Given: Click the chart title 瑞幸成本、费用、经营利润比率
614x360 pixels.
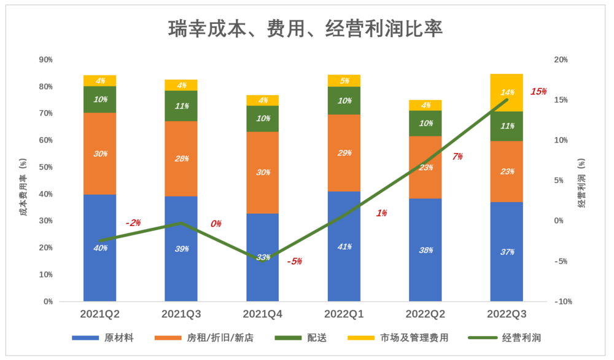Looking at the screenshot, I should pos(305,29).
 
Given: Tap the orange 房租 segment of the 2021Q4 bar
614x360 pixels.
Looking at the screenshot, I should pos(263,173).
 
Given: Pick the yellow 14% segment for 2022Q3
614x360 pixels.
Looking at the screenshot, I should pos(507,93).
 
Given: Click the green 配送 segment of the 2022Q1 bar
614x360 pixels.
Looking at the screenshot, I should pos(344,101).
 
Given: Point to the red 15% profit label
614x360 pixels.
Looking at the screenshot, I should pos(538,92).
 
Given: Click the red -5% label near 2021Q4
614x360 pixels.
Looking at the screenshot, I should pos(294,262).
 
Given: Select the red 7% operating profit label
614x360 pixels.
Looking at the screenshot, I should pos(457,157).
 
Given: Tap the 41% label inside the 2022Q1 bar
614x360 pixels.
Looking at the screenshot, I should pos(344,247).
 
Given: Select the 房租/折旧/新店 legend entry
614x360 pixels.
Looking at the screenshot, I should pos(203,338).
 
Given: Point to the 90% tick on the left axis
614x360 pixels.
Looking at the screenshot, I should pos(46,60).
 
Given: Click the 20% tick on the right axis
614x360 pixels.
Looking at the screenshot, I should pos(561,60).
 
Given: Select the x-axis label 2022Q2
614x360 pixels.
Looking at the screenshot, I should pos(426,315).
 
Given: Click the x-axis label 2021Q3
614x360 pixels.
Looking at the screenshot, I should pos(182,315).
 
